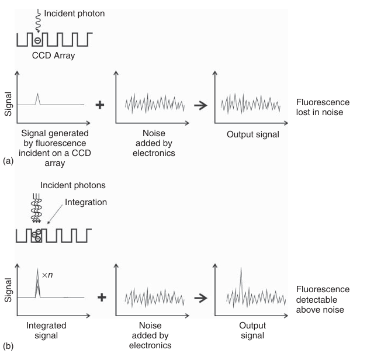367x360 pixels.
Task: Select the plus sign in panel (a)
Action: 100,105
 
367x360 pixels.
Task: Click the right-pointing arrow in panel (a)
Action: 200,105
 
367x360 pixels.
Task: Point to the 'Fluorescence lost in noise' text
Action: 323,105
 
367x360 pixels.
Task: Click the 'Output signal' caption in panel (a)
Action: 252,135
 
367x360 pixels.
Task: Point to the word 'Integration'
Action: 86,202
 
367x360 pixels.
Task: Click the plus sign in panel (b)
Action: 101,297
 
